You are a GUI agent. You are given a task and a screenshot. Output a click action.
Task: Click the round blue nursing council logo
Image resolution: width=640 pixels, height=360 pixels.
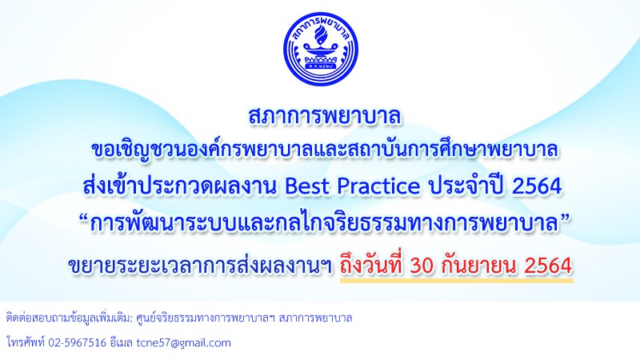[x=321, y=49]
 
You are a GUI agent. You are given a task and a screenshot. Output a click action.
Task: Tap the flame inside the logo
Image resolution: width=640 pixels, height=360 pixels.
[x=321, y=36]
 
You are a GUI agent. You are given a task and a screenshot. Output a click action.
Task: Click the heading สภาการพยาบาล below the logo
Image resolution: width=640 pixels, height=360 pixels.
[x=325, y=116]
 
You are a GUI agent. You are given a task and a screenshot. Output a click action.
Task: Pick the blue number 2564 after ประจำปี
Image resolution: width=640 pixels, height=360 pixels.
[x=537, y=186]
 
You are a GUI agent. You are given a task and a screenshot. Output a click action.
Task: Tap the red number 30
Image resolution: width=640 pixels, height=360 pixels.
[x=423, y=266]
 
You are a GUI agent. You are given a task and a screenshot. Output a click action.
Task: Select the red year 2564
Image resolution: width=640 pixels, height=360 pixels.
[x=548, y=266]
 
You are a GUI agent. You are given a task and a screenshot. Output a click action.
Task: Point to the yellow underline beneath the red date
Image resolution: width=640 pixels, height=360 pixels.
[x=456, y=281]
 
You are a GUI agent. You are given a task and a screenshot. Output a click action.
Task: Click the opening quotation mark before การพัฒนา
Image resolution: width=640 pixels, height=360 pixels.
[x=84, y=218]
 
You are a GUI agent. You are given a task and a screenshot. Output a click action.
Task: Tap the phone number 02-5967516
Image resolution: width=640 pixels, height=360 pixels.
[x=77, y=342]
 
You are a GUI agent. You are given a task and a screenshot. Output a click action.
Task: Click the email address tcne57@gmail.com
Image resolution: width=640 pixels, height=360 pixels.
[x=184, y=342]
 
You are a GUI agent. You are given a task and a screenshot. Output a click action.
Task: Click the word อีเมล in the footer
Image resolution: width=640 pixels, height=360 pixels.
[x=122, y=342]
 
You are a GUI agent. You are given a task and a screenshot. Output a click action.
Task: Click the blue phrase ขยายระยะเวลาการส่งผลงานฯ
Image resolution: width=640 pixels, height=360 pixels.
[x=200, y=266]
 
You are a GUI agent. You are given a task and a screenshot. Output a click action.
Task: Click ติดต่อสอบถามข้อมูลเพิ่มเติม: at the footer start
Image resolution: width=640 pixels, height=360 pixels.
[x=70, y=318]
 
